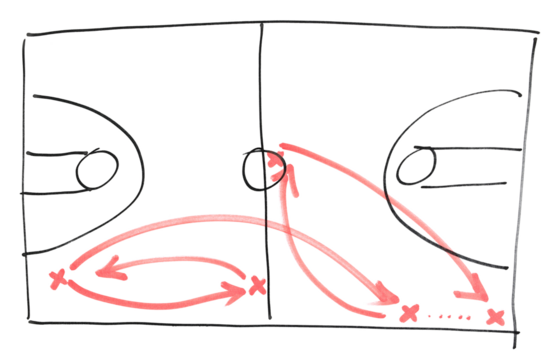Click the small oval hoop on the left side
pos(96,170)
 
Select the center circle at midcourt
pos(260,169)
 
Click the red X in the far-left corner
pos(60,277)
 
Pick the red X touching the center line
pos(257,287)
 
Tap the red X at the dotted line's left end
pos(407,313)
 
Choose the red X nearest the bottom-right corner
pos(492,317)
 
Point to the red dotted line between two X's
pos(449,315)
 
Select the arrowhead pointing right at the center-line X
pos(237,292)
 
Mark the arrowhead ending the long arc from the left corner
pos(384,297)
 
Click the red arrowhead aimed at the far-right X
pos(468,297)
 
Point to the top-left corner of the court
pos(25,38)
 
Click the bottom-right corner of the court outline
pos(516,331)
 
